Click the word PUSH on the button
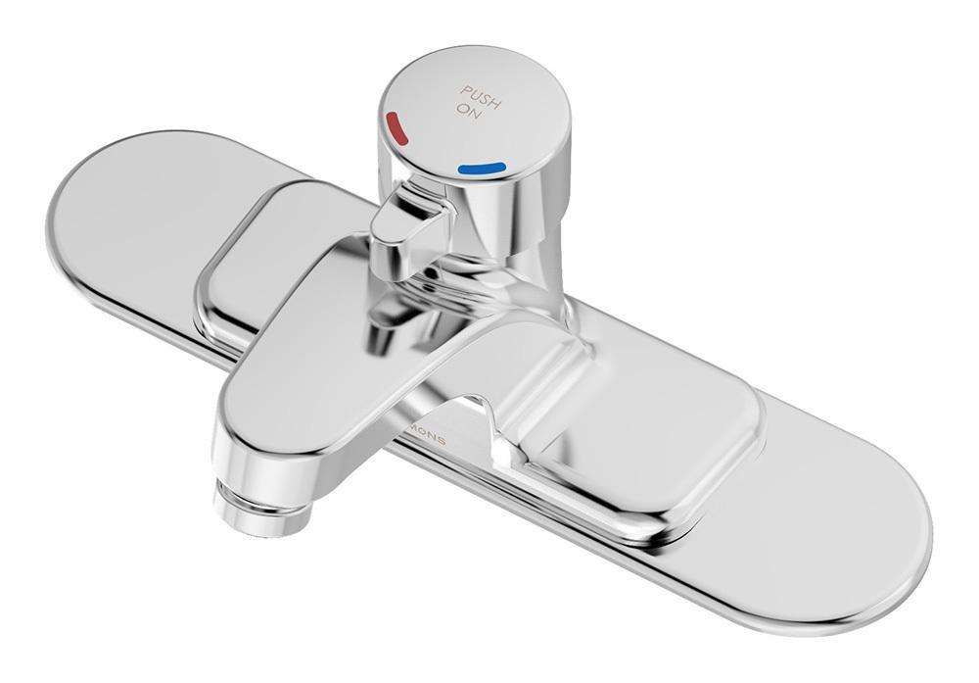pyautogui.click(x=481, y=94)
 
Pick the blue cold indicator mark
pyautogui.click(x=481, y=170)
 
